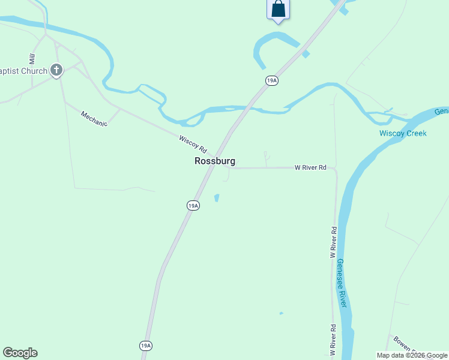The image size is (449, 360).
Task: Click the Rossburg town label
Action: [214, 161]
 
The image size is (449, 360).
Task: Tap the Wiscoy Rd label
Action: [193, 143]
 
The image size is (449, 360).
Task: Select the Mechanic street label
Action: [94, 119]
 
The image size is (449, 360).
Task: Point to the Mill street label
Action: [32, 58]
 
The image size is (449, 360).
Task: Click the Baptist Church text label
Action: [23, 71]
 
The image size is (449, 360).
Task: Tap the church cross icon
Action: [56, 71]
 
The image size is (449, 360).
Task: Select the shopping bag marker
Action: [278, 9]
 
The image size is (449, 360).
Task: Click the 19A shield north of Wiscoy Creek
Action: [272, 80]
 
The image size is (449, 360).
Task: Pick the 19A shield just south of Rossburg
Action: [193, 205]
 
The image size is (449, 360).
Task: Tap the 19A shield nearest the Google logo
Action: [146, 346]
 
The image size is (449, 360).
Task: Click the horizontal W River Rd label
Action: [310, 168]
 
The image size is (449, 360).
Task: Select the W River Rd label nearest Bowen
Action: [333, 338]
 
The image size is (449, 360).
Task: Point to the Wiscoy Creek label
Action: [403, 133]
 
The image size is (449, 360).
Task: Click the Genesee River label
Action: [342, 283]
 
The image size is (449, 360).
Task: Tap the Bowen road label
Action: [402, 344]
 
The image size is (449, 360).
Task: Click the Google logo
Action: [20, 353]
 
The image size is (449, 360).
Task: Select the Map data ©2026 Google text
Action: [412, 355]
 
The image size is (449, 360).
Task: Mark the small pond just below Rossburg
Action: [217, 197]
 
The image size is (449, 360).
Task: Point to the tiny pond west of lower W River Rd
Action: [281, 313]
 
